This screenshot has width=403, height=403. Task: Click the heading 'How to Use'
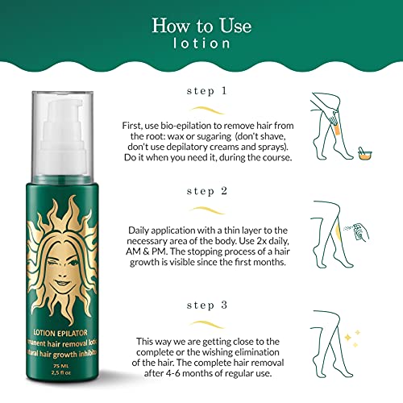(x=201, y=25)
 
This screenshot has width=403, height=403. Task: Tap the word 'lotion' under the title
(x=201, y=47)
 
